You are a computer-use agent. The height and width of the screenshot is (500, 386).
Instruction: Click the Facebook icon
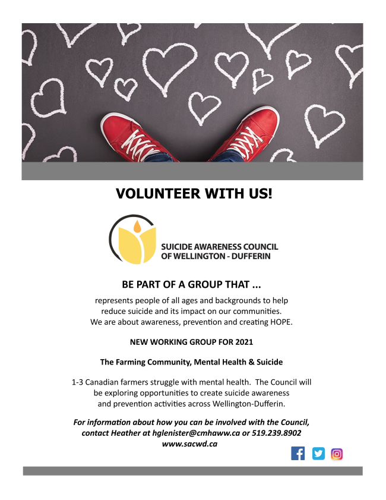298,454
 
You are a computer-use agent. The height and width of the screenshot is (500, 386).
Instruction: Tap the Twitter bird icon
319,454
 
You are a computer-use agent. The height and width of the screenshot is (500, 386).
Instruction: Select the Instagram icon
337,454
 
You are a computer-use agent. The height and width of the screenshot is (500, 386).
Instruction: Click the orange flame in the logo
137,226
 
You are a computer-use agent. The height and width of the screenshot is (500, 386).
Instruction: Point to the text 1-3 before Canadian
78,382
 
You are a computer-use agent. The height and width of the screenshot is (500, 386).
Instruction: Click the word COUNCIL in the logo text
261,247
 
